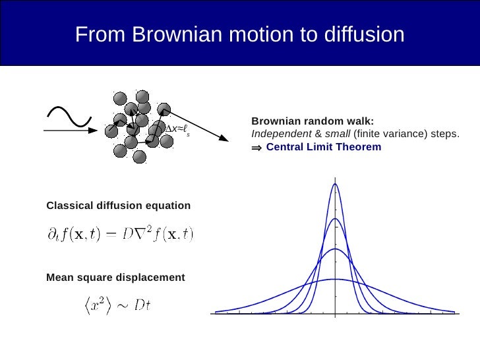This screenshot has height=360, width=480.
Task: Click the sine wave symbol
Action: [x=67, y=116]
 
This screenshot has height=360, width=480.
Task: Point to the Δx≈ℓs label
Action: [x=177, y=129]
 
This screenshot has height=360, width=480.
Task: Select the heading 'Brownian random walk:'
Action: [x=312, y=121]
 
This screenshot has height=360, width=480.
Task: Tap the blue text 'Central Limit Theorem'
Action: [x=323, y=147]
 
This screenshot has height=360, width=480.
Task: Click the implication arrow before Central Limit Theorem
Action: [x=256, y=148]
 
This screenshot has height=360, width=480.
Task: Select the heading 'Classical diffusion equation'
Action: [x=118, y=206]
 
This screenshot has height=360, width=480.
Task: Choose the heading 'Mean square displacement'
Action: [x=115, y=278]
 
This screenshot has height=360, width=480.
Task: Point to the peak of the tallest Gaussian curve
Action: [x=335, y=184]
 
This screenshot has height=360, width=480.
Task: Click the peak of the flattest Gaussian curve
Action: [x=335, y=280]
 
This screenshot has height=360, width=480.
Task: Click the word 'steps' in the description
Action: [x=443, y=134]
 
